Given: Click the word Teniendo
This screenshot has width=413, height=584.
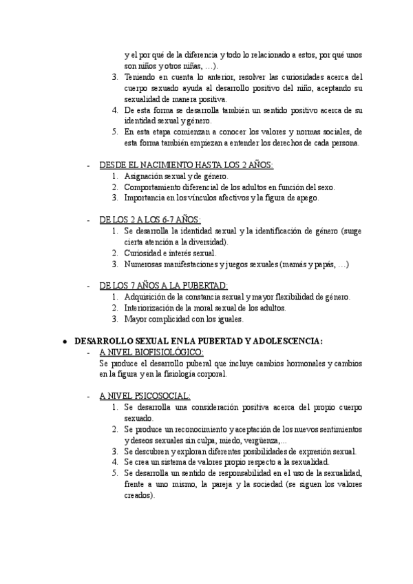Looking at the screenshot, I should [141, 77].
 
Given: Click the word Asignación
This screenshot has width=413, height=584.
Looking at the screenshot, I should [146, 176].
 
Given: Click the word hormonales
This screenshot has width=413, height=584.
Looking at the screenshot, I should [293, 363].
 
